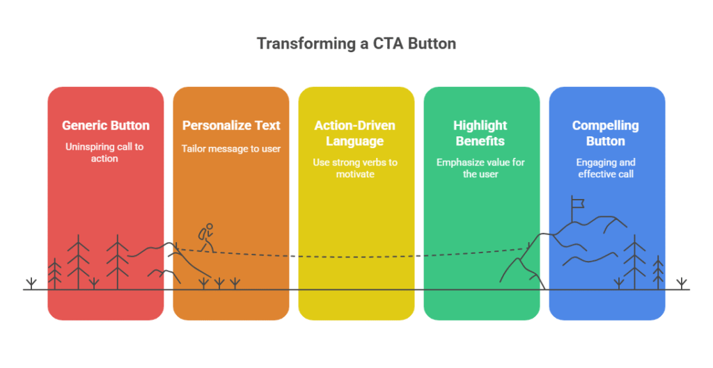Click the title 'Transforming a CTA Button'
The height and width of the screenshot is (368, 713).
(x=356, y=43)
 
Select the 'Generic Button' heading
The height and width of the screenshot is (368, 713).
(x=106, y=126)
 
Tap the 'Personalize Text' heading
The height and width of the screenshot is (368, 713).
(x=231, y=126)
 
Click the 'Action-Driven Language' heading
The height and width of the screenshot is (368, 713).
(x=356, y=134)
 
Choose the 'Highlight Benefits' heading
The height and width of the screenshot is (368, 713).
(x=480, y=134)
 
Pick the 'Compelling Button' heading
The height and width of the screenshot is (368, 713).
(x=606, y=134)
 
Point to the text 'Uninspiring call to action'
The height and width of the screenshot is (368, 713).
(x=106, y=153)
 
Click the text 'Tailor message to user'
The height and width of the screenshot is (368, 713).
(x=231, y=149)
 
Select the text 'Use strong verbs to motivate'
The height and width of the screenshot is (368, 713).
(x=356, y=168)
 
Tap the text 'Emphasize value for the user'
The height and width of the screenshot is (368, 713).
(x=480, y=168)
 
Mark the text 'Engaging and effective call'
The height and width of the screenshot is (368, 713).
(x=606, y=168)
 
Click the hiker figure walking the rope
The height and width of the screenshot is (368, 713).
(x=205, y=238)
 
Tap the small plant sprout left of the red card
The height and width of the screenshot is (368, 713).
(x=31, y=283)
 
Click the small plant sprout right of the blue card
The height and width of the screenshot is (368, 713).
(x=682, y=283)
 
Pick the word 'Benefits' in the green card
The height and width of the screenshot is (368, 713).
(x=480, y=141)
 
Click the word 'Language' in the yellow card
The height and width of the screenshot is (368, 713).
(x=356, y=141)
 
